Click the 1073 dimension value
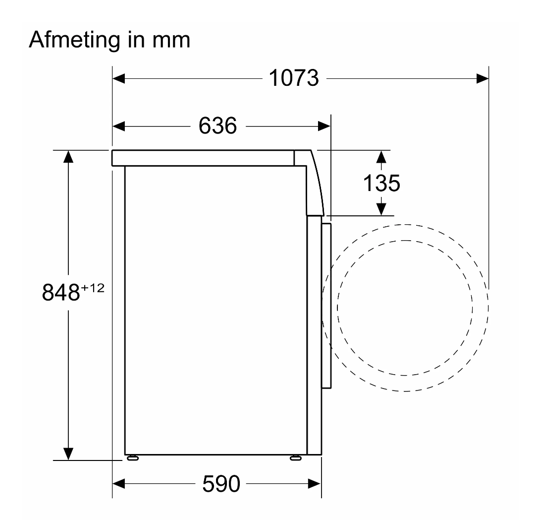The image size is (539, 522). (x=294, y=78)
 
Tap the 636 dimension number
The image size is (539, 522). (x=217, y=126)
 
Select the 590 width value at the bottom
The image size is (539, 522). (x=221, y=484)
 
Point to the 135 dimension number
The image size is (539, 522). (x=381, y=183)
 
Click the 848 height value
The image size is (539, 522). (x=61, y=292)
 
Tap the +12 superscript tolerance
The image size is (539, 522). (x=93, y=288)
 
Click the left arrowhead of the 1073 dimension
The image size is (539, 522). (x=118, y=78)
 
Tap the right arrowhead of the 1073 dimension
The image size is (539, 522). (x=483, y=78)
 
